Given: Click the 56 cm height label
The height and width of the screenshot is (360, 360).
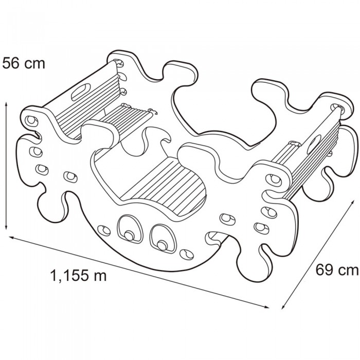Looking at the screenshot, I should [x=24, y=64].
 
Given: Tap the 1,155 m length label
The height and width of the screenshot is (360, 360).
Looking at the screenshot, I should [x=79, y=276].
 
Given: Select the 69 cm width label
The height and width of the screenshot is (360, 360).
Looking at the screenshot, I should [x=337, y=269].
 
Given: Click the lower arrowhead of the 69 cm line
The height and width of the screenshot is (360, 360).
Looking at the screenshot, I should [x=282, y=308].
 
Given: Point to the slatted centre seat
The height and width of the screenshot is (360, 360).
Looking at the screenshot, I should [x=165, y=180].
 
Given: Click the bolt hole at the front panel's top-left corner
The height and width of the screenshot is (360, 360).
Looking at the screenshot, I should [x=32, y=120].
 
